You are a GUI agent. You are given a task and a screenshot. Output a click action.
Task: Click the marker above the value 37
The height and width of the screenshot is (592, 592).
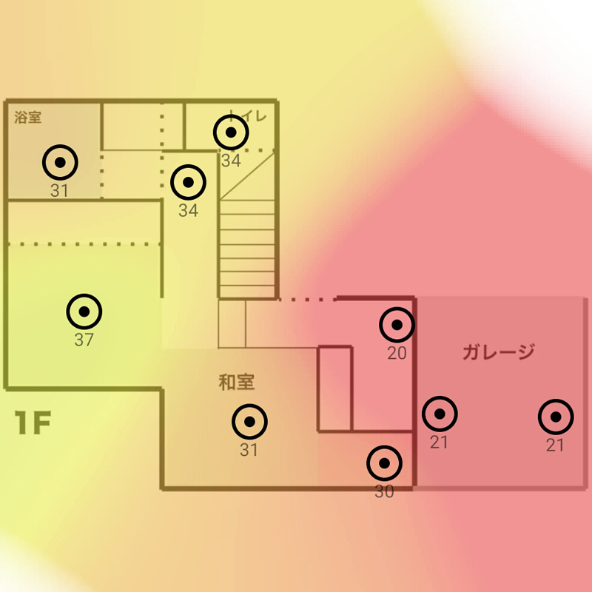pyautogui.click(x=84, y=312)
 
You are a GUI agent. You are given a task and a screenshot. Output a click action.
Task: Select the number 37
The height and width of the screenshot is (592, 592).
pyautogui.click(x=84, y=340)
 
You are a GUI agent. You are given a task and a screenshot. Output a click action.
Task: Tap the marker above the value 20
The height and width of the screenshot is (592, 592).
pyautogui.click(x=397, y=325)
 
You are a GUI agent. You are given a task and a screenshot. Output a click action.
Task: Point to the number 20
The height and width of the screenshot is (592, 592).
pyautogui.click(x=397, y=354)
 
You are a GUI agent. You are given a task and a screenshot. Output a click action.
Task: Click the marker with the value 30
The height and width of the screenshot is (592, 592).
pyautogui.click(x=385, y=464)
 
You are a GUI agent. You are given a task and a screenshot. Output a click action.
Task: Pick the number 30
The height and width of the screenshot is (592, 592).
pyautogui.click(x=385, y=492)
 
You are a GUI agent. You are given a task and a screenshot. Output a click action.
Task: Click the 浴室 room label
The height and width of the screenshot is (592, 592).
pyautogui.click(x=28, y=117)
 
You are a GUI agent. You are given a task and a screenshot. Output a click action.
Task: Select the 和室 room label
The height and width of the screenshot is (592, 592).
pyautogui.click(x=237, y=382)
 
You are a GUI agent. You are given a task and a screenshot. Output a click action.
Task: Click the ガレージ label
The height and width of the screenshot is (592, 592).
pyautogui.click(x=498, y=352)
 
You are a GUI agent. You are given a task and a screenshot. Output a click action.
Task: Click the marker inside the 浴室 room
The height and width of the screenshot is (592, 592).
pyautogui.click(x=61, y=161)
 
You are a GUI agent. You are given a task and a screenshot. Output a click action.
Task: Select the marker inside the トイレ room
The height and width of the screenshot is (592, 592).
pyautogui.click(x=232, y=132)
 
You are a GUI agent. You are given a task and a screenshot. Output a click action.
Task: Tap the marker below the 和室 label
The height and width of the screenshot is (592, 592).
pyautogui.click(x=249, y=422)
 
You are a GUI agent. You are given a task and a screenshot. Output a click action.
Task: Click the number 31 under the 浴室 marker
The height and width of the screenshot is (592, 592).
pyautogui.click(x=60, y=190)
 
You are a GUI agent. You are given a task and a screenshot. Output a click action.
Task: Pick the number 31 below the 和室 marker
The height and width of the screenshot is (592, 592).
pyautogui.click(x=249, y=450)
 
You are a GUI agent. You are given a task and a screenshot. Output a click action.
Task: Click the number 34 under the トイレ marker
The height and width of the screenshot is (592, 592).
pyautogui.click(x=231, y=161)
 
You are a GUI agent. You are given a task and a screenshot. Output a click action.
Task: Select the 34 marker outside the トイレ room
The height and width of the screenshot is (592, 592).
pyautogui.click(x=189, y=181)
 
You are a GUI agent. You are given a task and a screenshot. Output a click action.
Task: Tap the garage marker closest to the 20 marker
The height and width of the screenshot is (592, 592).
pyautogui.click(x=440, y=415)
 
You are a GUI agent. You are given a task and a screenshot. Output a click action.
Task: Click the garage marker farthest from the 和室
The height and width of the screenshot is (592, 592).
pyautogui.click(x=556, y=417)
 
